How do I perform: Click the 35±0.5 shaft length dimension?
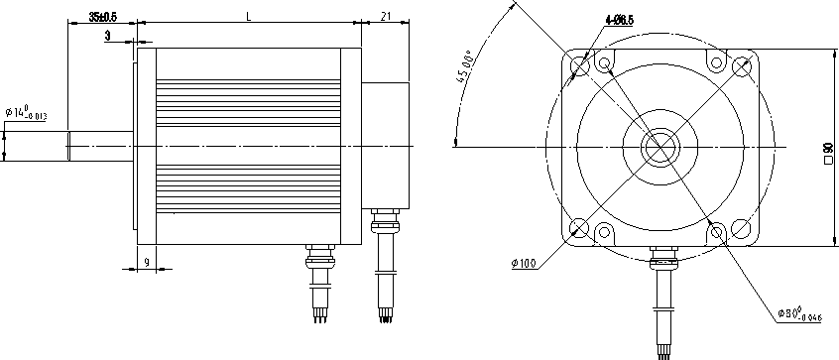point(102,17)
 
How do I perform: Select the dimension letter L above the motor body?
point(248,17)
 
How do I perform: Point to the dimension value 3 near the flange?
point(107,36)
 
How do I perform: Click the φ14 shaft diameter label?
point(27,113)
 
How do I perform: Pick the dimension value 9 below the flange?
point(147,262)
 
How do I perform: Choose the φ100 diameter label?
point(526,263)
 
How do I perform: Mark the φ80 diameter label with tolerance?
point(800,314)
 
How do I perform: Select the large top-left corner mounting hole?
point(579,65)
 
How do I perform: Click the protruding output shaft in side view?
point(99,147)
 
